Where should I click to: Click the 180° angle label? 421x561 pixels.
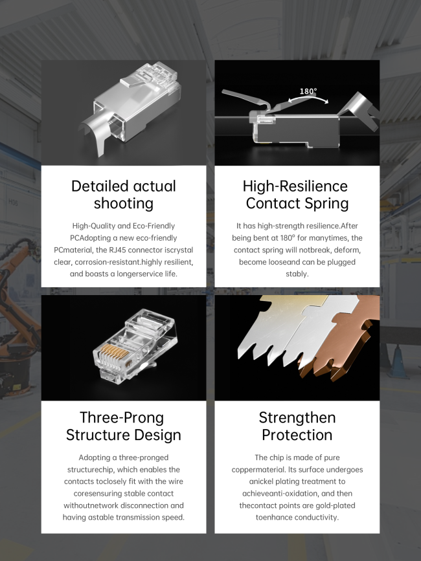coord(308,91)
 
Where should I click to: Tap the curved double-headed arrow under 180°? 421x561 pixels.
coord(308,98)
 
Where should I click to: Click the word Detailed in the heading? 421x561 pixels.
coord(100,186)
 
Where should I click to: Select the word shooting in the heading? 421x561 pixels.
coord(124,204)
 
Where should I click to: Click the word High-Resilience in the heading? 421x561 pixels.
coord(295,186)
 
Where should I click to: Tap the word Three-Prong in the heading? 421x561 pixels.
coord(122,417)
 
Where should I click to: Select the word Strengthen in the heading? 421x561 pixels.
coord(297,417)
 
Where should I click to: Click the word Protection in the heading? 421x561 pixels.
coord(297,435)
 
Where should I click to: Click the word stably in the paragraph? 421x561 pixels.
coord(297,274)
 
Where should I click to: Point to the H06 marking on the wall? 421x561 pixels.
coord(13,203)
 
